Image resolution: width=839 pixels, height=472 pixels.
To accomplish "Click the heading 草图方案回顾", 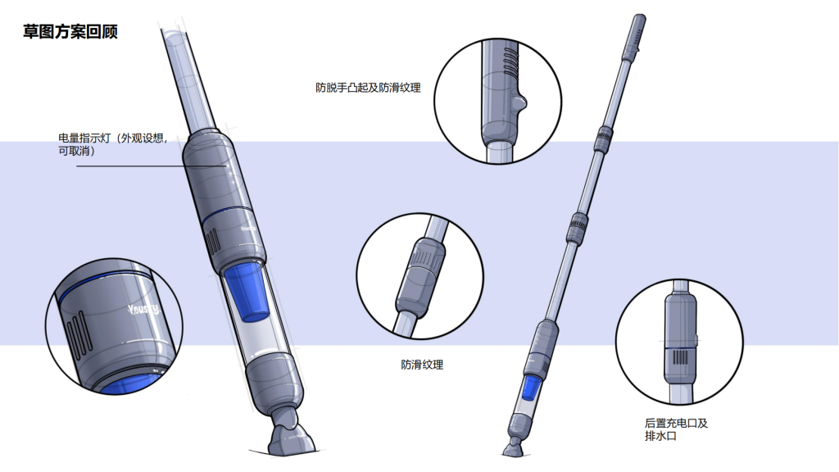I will coord(70,33).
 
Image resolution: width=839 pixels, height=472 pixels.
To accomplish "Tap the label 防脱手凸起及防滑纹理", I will coord(368,87).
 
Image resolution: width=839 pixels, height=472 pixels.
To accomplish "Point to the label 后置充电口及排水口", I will coord(676,430).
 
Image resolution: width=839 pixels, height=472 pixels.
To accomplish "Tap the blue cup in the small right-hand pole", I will coord(532,388).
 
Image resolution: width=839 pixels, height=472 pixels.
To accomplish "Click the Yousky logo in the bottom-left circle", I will coord(143,310).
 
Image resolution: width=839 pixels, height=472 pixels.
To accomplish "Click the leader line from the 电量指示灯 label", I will coord(152,167).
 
